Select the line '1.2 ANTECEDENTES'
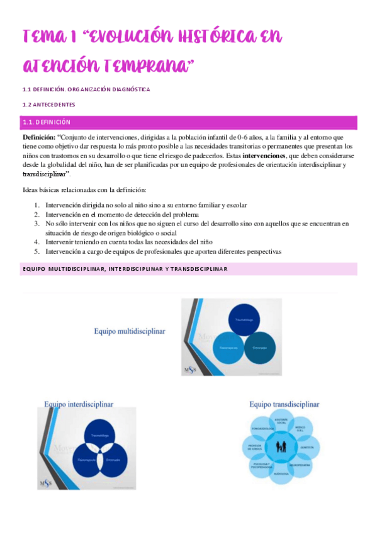tap(48, 105)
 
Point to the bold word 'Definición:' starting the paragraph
tap(38, 137)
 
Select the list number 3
tap(37, 224)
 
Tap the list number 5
tap(37, 251)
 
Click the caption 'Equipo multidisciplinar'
tap(129, 331)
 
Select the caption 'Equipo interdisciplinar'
tap(79, 404)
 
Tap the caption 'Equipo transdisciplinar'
tap(284, 404)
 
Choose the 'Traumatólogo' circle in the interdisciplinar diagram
tap(99, 436)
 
